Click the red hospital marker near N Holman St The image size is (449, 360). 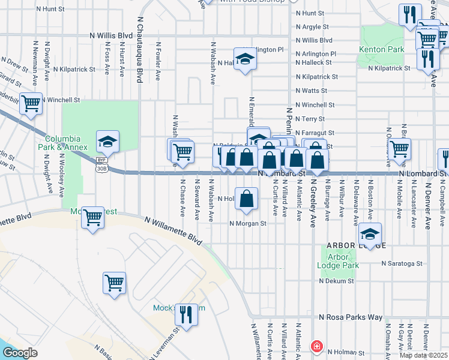[x=316, y=347]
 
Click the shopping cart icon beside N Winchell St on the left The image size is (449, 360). [x=31, y=103]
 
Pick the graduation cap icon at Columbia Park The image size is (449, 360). [x=107, y=141]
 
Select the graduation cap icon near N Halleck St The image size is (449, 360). [x=245, y=59]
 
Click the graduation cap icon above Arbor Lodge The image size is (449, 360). [x=370, y=235]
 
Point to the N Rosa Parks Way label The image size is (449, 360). [x=351, y=317]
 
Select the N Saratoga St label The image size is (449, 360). [x=403, y=263]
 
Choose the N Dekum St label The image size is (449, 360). [x=338, y=281]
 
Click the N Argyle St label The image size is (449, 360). [x=312, y=26]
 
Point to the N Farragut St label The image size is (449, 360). [x=315, y=133]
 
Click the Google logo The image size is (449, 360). [x=20, y=353]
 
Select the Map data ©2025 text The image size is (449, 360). [x=423, y=355]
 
